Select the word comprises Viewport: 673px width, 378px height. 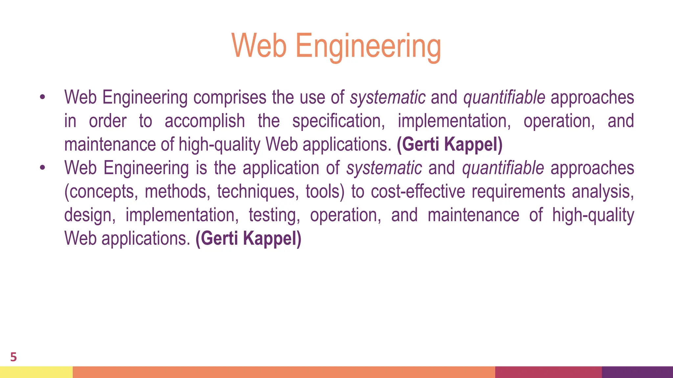pyautogui.click(x=230, y=97)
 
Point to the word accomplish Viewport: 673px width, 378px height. pyautogui.click(x=205, y=121)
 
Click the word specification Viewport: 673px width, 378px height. pyautogui.click(x=338, y=121)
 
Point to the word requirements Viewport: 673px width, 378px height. pyautogui.click(x=518, y=192)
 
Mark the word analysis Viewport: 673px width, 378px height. pyautogui.click(x=603, y=192)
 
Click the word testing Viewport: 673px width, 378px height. pyautogui.click(x=274, y=215)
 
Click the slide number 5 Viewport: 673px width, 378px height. pyautogui.click(x=13, y=357)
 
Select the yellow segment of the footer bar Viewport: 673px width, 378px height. pyautogui.click(x=36, y=372)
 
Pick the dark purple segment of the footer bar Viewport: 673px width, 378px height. pyautogui.click(x=637, y=372)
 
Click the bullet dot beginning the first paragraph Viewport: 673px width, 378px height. pyautogui.click(x=42, y=97)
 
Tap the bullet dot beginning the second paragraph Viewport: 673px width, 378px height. pyautogui.click(x=42, y=168)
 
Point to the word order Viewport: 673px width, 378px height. pyautogui.click(x=108, y=121)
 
